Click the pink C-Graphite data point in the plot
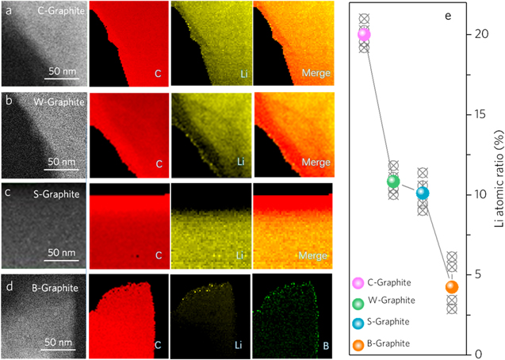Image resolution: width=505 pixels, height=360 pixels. coord(364,34)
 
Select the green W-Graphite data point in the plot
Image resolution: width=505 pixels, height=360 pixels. coord(393,181)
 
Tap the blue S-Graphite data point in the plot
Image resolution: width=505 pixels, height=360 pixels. coord(423,193)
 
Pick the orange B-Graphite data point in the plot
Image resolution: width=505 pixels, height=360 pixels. coord(452,287)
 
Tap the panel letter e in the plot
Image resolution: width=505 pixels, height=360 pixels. coord(448,15)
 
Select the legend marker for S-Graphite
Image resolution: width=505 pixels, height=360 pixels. coord(358,322)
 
